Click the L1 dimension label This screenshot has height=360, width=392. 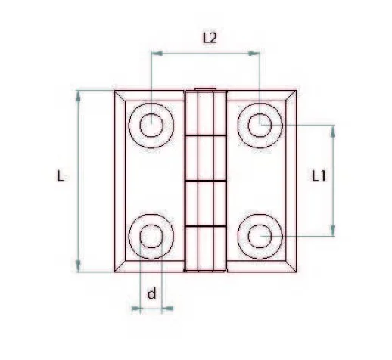pos(319,176)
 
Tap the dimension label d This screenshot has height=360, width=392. pos(151,293)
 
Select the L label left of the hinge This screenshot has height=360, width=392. pos(61,176)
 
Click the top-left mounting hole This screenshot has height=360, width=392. pos(151,121)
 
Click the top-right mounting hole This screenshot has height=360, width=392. pos(261,121)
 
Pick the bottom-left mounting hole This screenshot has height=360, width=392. pos(151,237)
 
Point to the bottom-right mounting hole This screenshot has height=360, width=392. pos(261,237)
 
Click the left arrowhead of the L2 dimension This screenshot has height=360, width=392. pos(155,53)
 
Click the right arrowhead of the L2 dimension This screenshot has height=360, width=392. pos(257,53)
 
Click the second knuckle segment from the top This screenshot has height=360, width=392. pos(207,158)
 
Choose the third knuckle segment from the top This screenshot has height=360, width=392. pos(207,203)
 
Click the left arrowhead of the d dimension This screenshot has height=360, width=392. pos(135,309)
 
